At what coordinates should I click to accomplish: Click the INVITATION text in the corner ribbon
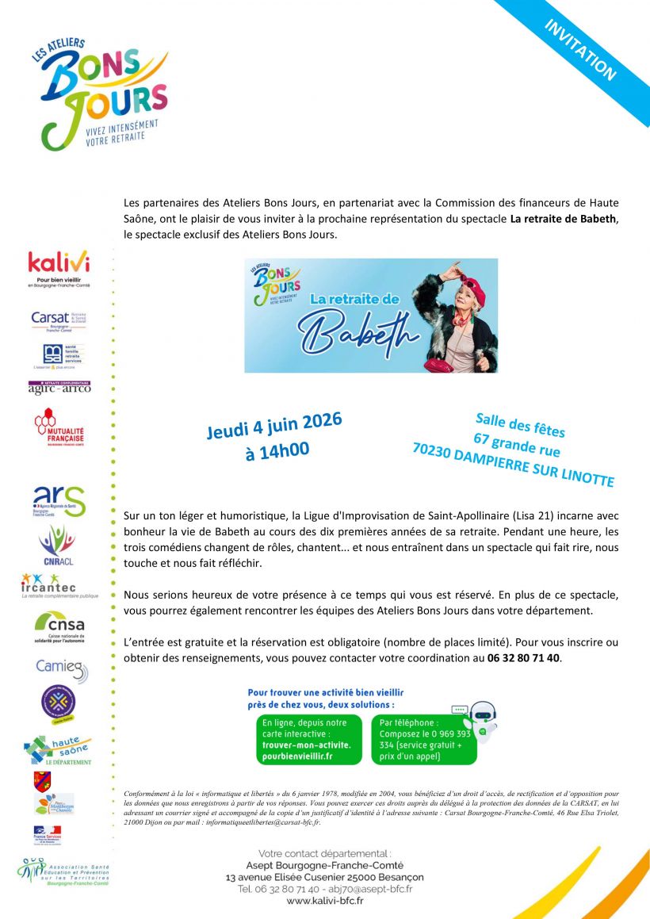click(x=581, y=49)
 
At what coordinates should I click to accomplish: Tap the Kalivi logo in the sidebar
click(x=59, y=269)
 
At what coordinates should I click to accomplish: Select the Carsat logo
click(x=58, y=321)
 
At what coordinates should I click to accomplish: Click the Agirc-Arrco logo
click(x=59, y=388)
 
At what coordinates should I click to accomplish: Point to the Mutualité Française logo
click(x=59, y=427)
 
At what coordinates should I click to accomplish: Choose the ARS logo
click(x=59, y=501)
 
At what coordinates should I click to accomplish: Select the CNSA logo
click(x=59, y=626)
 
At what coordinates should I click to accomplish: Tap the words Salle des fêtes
click(x=520, y=425)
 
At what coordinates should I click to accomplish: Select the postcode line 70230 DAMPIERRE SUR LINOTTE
click(x=513, y=464)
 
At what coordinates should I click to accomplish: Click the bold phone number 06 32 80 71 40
click(x=523, y=657)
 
